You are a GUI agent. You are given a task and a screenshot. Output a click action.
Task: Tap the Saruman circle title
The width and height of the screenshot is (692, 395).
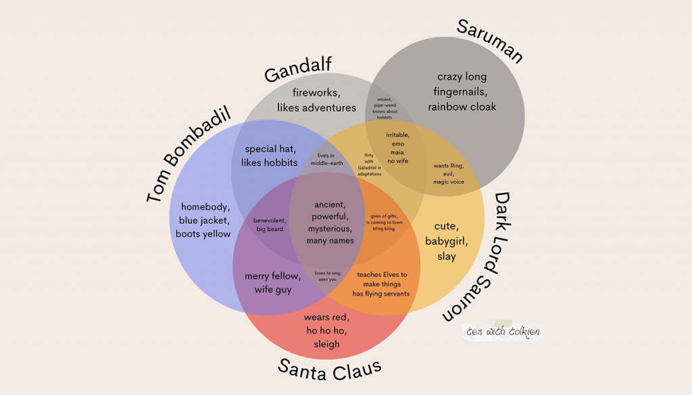pyautogui.click(x=490, y=41)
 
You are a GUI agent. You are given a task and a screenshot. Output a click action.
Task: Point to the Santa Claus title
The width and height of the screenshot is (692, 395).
pyautogui.click(x=330, y=369)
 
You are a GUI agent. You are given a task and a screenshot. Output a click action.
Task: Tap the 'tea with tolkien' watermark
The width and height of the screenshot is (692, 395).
pyautogui.click(x=503, y=332)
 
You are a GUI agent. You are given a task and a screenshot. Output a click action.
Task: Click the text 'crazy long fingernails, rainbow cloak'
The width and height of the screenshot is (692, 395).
pyautogui.click(x=462, y=92)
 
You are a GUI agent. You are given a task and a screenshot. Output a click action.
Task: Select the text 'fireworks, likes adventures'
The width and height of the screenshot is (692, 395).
pyautogui.click(x=316, y=100)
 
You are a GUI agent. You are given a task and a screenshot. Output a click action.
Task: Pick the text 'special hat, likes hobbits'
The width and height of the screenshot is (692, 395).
pyautogui.click(x=271, y=156)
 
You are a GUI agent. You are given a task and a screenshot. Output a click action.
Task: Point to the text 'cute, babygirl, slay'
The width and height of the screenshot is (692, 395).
pyautogui.click(x=446, y=241)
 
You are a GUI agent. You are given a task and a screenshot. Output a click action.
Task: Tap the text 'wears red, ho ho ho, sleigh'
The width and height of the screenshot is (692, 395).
pyautogui.click(x=326, y=330)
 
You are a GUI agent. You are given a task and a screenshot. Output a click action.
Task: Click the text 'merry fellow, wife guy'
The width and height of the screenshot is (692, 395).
pyautogui.click(x=272, y=283)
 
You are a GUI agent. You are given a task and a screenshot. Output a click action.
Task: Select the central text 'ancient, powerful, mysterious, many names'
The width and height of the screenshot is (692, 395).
pyautogui.click(x=330, y=222)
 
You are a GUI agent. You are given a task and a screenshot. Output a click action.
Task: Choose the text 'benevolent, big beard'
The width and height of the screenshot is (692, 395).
pyautogui.click(x=270, y=225)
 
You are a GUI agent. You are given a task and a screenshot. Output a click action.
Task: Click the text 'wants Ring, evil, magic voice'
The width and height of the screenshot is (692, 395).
pyautogui.click(x=449, y=174)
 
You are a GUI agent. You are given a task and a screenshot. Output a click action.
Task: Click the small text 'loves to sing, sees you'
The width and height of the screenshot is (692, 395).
pyautogui.click(x=326, y=276)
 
